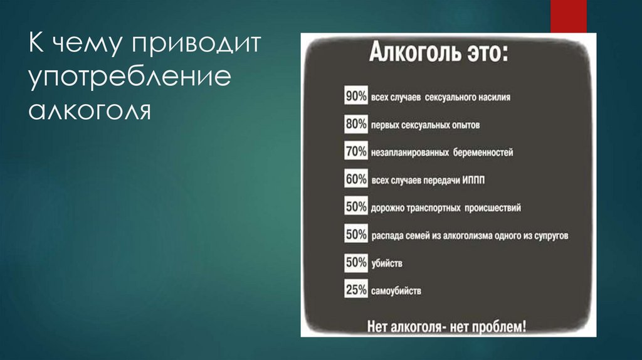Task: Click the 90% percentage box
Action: [x=355, y=97]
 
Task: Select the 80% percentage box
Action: [x=355, y=124]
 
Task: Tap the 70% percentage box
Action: [x=355, y=151]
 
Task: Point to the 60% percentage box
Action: [x=355, y=179]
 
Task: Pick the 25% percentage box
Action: [x=355, y=290]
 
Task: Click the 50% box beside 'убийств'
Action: [x=355, y=262]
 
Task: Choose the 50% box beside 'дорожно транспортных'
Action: [x=355, y=206]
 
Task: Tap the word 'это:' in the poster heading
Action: [x=488, y=53]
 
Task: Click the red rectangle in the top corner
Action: [x=568, y=16]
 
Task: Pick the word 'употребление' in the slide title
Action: [x=129, y=79]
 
